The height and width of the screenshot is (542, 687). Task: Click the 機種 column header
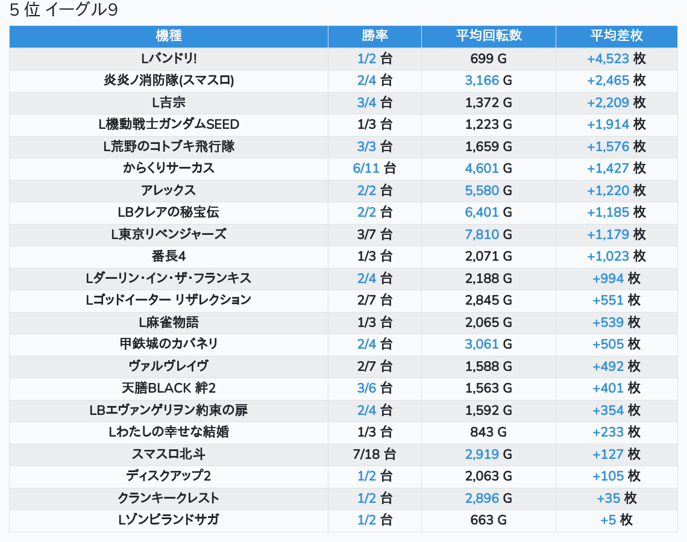pos(169,36)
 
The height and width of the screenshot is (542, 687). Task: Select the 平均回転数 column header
pos(488,36)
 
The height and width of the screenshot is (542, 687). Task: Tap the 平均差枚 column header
pos(616,36)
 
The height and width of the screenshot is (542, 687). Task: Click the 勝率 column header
pos(375,36)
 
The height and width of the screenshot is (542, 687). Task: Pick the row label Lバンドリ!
pos(169,58)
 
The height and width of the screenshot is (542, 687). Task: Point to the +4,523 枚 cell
pos(616,58)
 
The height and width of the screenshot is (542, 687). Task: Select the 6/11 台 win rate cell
pos(375,169)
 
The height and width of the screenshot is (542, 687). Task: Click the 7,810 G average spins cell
pos(488,234)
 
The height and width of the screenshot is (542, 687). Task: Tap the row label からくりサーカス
pos(169,169)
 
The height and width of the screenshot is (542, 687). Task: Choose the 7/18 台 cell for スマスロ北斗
pos(375,454)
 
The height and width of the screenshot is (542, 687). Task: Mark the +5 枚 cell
pos(616,520)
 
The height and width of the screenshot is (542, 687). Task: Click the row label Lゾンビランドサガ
pos(169,520)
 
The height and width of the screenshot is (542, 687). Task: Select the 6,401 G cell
pos(488,213)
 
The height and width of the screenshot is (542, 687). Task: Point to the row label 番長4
pos(169,257)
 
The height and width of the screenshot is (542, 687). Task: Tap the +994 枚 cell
pos(616,278)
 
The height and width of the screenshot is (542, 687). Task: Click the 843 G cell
pos(488,432)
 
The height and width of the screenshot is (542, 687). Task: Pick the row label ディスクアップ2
pos(169,476)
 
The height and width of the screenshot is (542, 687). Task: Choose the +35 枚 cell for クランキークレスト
pos(616,498)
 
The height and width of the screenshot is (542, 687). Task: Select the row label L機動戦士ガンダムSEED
pos(169,125)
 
